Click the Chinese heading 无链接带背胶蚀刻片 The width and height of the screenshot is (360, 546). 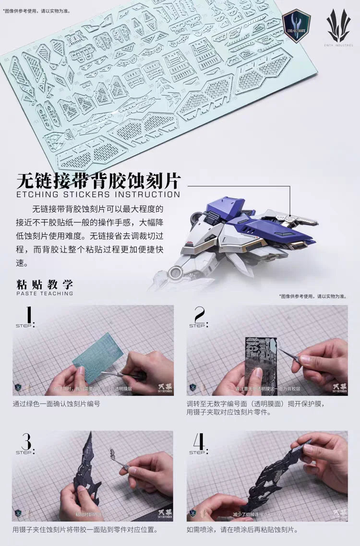click(98, 181)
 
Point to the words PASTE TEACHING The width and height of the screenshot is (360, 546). click(45, 293)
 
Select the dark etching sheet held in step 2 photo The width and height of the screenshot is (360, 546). click(260, 360)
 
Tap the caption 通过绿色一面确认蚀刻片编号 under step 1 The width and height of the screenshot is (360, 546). click(56, 404)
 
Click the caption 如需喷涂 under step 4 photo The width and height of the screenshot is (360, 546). click(242, 530)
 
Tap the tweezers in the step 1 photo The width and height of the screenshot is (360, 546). click(125, 375)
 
